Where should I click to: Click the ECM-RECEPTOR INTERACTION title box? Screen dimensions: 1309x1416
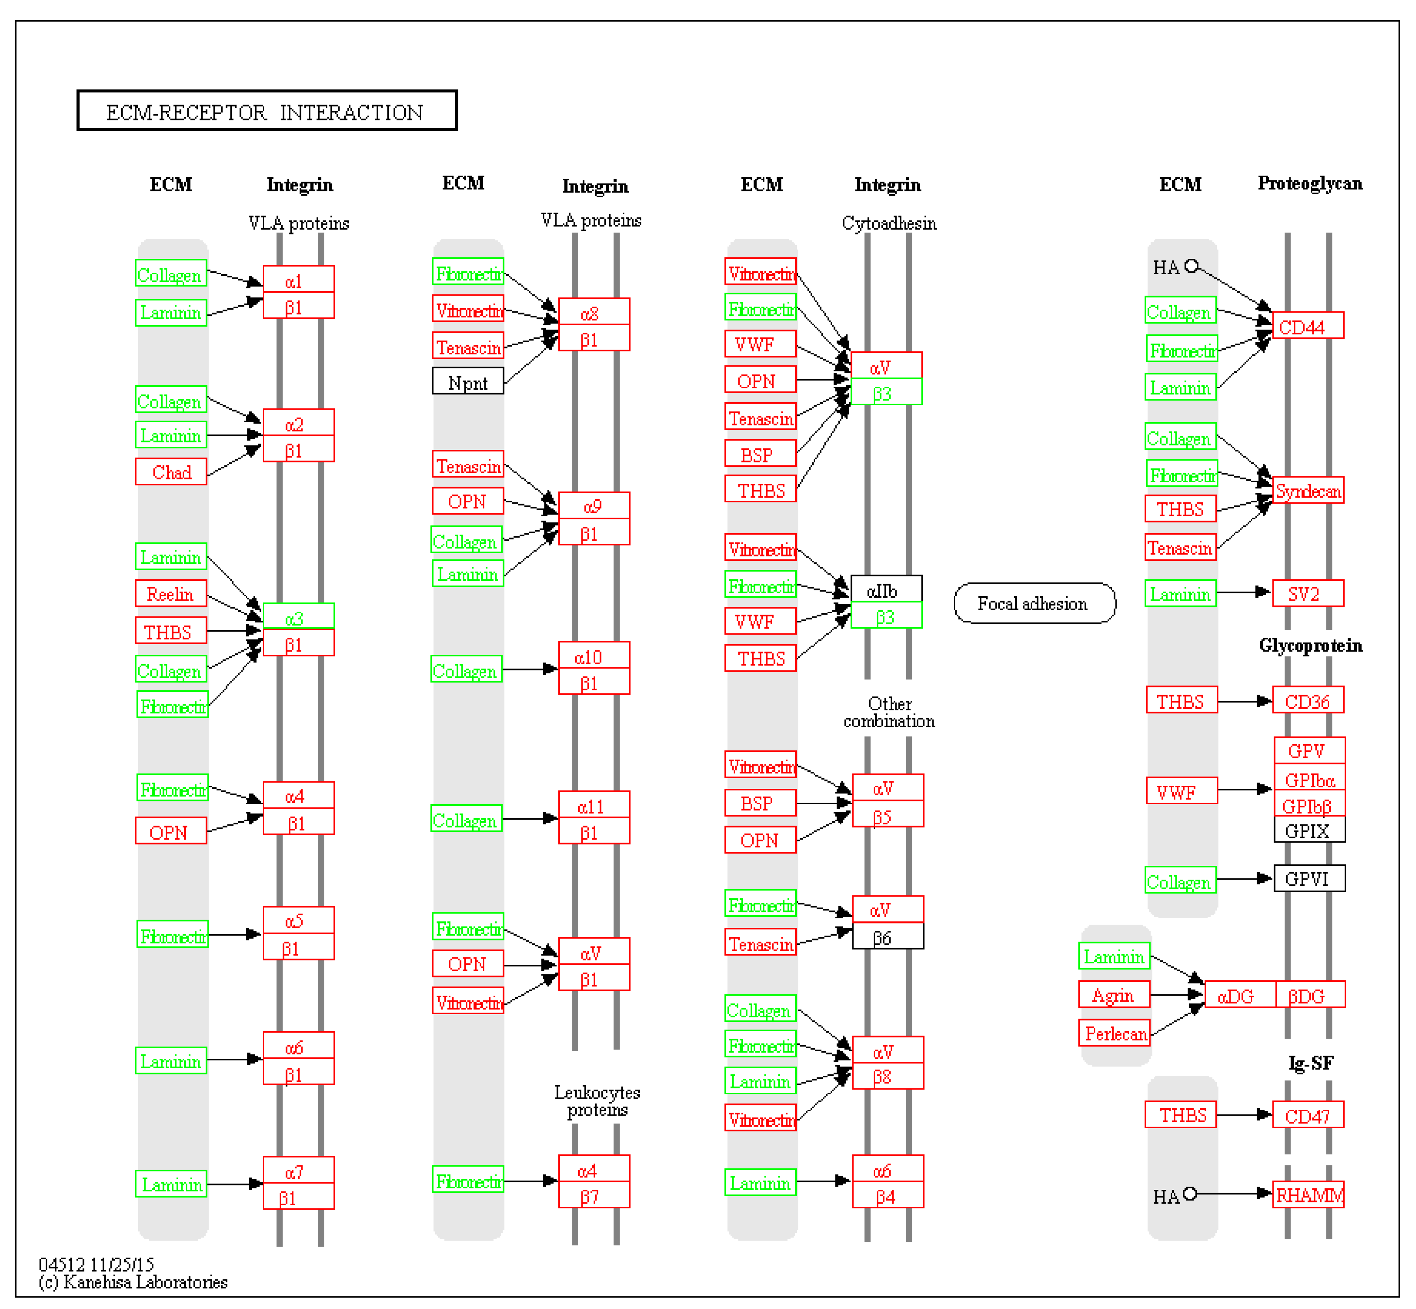267,110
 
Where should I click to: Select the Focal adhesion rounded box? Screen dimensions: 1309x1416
1034,603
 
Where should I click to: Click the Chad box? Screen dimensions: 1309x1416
171,472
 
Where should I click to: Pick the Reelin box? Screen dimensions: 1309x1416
171,594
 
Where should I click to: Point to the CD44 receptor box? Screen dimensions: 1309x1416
1307,326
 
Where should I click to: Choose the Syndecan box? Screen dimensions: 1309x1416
1307,490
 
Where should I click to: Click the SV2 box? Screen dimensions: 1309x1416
1307,594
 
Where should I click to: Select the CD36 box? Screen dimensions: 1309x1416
1308,700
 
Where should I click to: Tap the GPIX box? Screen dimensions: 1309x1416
1309,830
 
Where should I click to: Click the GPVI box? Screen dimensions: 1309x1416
1309,878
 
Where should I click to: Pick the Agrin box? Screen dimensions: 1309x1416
1114,994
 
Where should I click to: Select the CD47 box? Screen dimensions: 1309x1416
1308,1116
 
